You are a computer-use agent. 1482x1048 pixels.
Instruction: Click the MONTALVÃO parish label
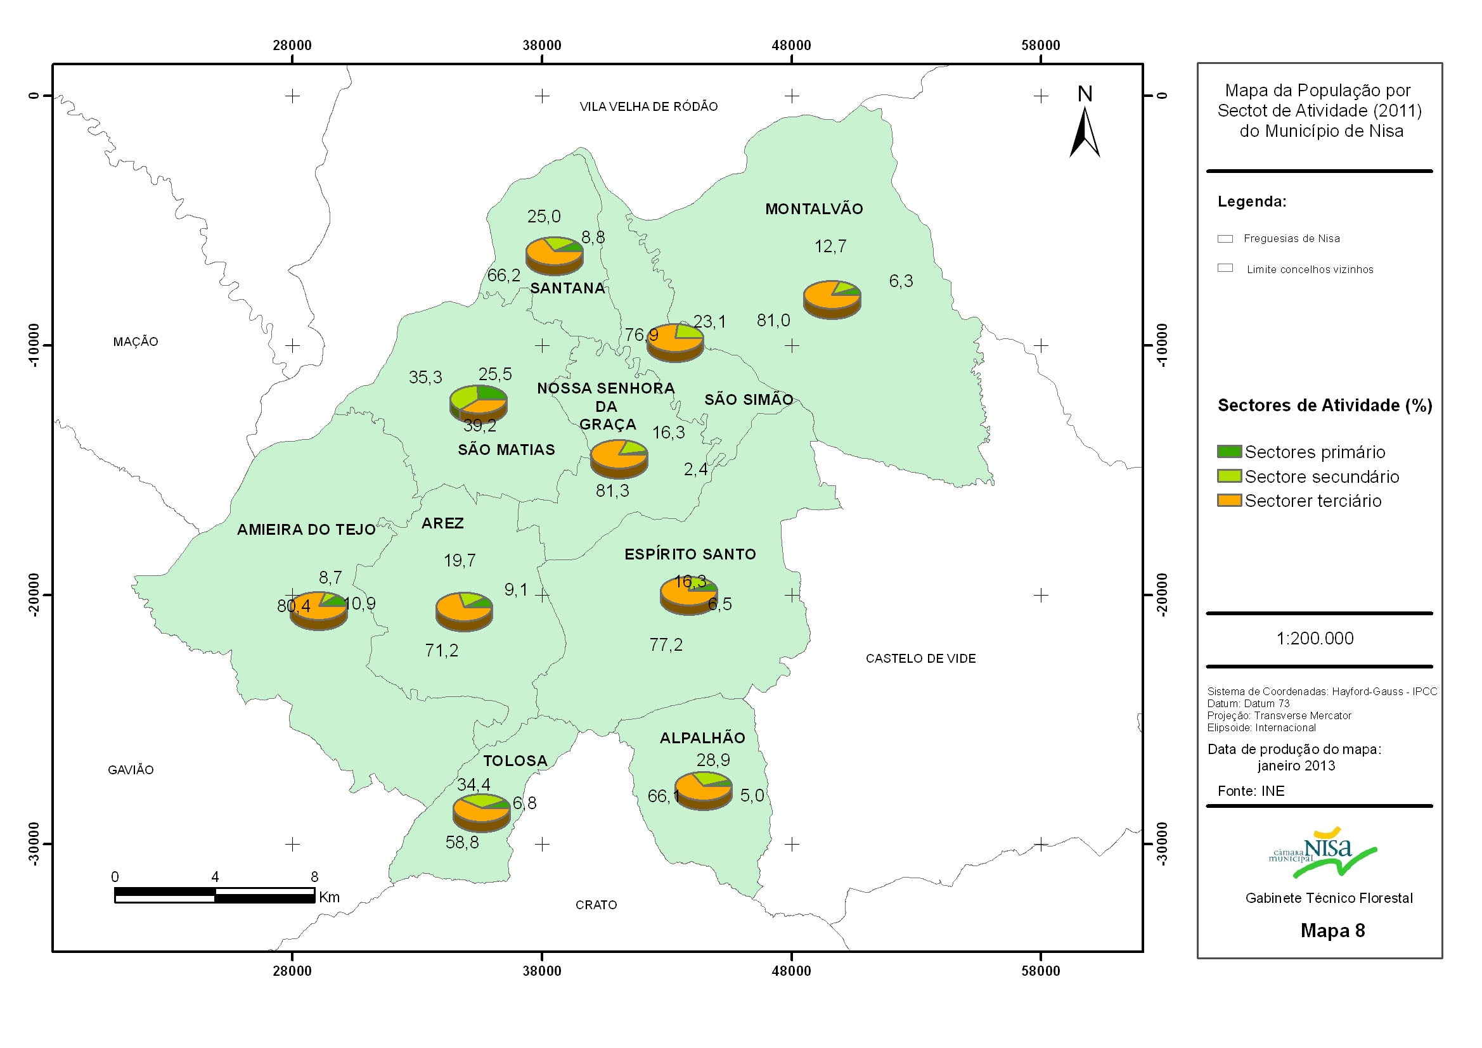814,209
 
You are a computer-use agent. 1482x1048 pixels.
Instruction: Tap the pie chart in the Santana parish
555,255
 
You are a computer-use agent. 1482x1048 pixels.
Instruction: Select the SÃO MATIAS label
506,449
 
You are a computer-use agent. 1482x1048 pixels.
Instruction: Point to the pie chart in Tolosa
482,813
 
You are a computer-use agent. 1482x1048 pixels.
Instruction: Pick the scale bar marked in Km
214,895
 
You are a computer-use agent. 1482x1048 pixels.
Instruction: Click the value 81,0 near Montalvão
773,320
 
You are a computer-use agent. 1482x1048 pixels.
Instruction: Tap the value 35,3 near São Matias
425,377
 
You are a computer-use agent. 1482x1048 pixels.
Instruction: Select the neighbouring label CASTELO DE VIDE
920,658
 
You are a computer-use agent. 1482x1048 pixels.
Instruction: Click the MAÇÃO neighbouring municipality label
136,342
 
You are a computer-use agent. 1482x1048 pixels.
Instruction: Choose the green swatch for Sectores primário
1229,451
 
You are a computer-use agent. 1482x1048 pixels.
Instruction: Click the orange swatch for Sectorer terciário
1229,500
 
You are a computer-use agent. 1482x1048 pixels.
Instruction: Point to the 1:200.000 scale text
1315,638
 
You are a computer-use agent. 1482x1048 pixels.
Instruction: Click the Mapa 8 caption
1332,931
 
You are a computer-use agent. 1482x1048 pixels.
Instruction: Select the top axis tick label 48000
791,45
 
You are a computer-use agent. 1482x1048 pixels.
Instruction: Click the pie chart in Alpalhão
703,791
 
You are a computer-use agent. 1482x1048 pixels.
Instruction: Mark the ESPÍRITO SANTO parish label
690,554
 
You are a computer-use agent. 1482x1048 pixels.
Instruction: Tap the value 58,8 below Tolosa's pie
462,842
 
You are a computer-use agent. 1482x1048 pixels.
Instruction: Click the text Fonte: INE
1251,791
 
